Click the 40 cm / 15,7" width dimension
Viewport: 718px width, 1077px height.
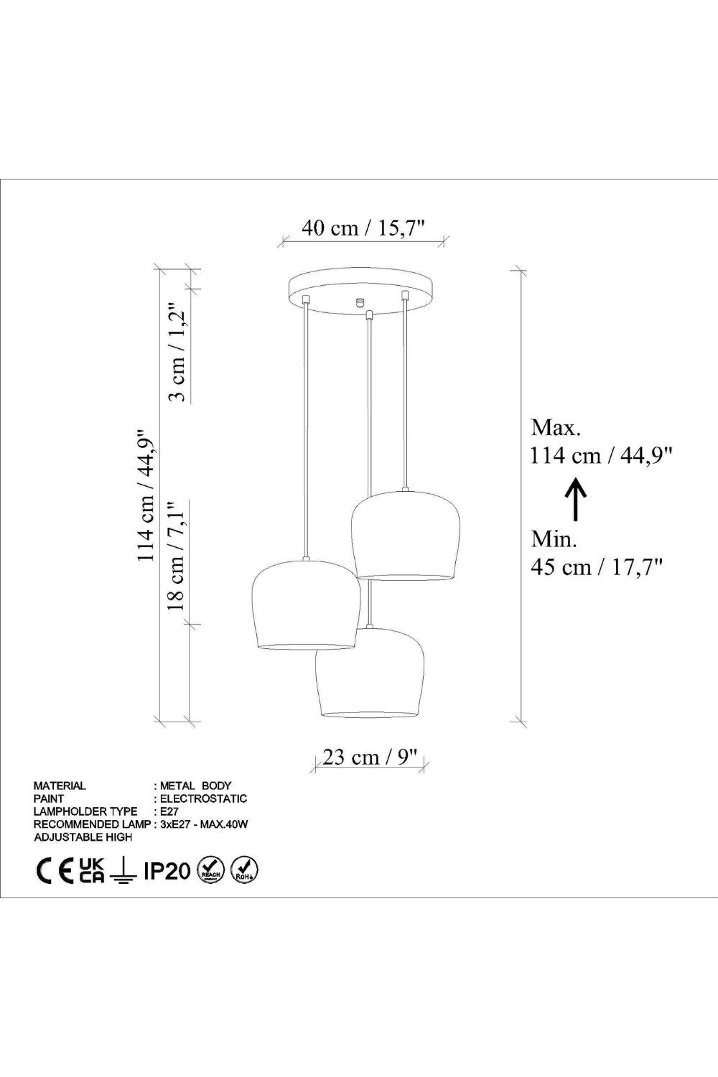tap(364, 228)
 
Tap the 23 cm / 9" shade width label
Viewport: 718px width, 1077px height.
tap(363, 757)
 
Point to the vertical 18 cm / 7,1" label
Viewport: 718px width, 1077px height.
tap(176, 556)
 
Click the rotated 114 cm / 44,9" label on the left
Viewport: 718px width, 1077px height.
tap(146, 495)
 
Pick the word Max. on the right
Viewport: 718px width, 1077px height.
tap(556, 427)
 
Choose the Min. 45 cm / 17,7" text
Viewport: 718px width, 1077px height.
tap(597, 554)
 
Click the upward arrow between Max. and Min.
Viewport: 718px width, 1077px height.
tap(575, 498)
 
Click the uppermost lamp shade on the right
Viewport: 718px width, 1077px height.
tap(406, 535)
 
